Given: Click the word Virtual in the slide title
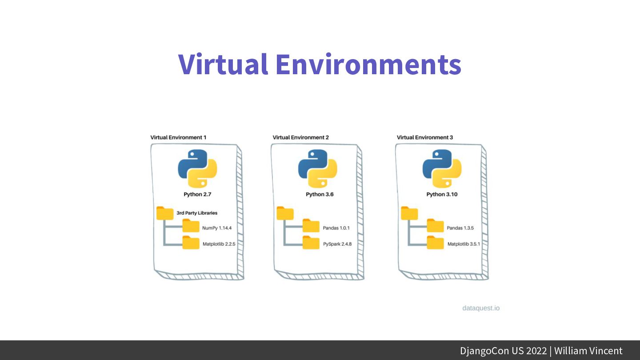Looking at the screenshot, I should [x=223, y=64].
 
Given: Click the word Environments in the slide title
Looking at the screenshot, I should [x=368, y=64].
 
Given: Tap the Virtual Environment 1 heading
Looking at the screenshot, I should [x=178, y=137].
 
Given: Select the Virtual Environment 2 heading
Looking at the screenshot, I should [x=300, y=137].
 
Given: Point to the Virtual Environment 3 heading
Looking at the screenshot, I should [x=425, y=137].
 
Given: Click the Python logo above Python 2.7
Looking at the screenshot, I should [x=197, y=168].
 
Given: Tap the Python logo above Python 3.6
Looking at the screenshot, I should [x=317, y=168].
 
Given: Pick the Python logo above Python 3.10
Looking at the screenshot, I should [x=442, y=168].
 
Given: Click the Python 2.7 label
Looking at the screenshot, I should [x=197, y=194].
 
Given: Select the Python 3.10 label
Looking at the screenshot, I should [x=442, y=194].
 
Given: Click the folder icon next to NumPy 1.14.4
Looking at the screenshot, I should [x=191, y=226].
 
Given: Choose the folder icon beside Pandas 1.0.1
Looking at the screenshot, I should [x=311, y=226].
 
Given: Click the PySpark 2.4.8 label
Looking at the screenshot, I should [x=337, y=244].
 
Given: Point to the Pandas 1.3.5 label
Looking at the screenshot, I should [x=460, y=228].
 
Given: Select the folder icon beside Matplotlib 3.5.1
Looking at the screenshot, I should [x=436, y=243].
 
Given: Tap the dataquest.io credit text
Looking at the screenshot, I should [x=481, y=308].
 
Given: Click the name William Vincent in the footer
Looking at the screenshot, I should [x=588, y=351].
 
